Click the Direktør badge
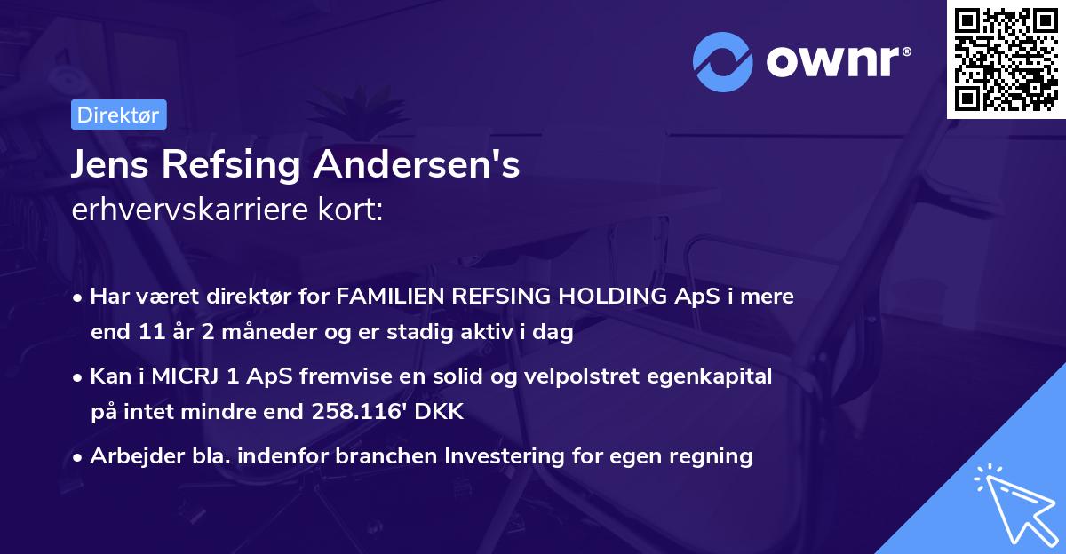118,115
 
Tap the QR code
1006,59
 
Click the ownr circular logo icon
722,61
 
